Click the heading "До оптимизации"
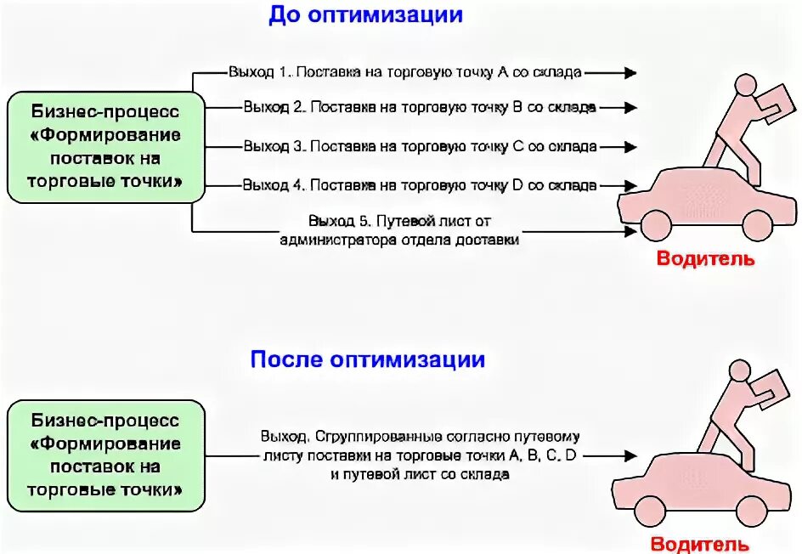(365, 15)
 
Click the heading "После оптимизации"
(367, 359)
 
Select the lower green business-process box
(105, 455)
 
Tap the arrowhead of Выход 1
(630, 73)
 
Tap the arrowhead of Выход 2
(630, 108)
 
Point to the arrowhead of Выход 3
(630, 146)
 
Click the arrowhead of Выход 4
(630, 184)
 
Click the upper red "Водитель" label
(705, 259)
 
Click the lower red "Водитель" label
(700, 544)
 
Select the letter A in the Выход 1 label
(502, 73)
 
